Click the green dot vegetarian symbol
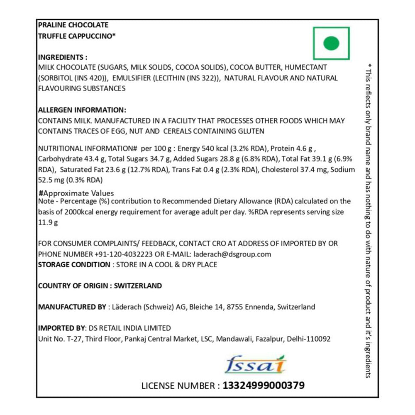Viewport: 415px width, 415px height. [x=331, y=43]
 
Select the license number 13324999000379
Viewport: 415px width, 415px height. [x=264, y=386]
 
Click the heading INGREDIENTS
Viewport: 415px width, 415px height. [x=63, y=57]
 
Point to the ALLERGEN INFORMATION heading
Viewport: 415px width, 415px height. [x=82, y=110]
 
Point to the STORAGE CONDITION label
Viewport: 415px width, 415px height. [x=74, y=264]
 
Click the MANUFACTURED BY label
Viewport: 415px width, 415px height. [x=72, y=307]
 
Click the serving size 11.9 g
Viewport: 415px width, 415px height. [x=47, y=222]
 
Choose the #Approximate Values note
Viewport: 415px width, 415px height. [x=76, y=193]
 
